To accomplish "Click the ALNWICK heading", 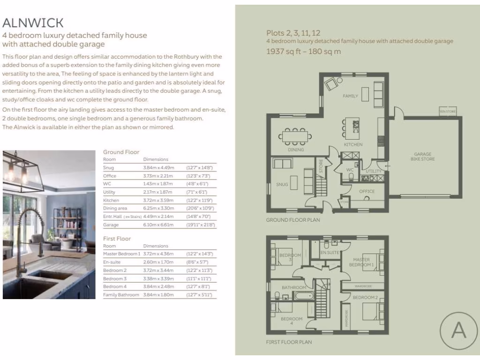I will click(33, 22).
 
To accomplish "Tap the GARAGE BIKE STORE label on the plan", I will click(423, 157).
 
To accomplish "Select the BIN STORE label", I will click(448, 112).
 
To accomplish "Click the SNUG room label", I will click(282, 184).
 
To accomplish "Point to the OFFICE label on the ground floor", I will click(367, 191).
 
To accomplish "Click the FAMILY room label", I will click(350, 96).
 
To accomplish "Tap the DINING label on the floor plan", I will click(296, 150).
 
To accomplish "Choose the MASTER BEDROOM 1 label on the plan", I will click(361, 262).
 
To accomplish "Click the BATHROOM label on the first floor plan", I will click(294, 287).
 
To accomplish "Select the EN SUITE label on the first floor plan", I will click(330, 253).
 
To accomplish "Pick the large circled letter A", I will click(458, 330).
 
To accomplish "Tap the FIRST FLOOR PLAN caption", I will click(289, 342).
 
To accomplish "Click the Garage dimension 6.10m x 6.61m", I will click(158, 225).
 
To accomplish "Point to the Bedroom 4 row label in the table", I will click(115, 286).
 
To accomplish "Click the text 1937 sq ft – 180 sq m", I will click(303, 51).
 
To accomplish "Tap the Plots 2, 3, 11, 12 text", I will click(293, 33).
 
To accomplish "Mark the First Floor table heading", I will click(117, 239).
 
